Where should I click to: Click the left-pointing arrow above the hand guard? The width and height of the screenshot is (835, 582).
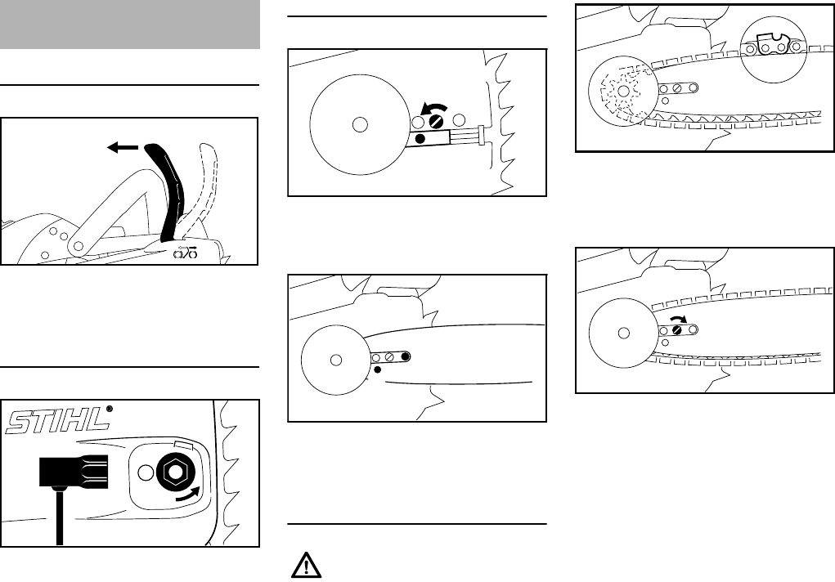[x=123, y=149]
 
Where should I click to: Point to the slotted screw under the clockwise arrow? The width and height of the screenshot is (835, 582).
[x=678, y=329]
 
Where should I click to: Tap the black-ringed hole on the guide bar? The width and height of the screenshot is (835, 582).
[x=406, y=356]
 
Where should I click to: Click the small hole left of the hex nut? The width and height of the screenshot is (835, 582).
[x=145, y=472]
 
